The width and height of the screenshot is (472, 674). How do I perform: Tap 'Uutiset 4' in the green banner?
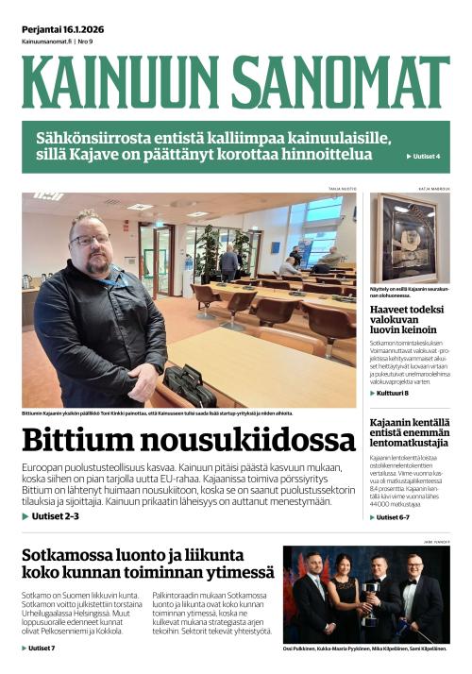pos(423,156)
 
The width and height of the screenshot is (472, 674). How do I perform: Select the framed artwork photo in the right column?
pos(409,238)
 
